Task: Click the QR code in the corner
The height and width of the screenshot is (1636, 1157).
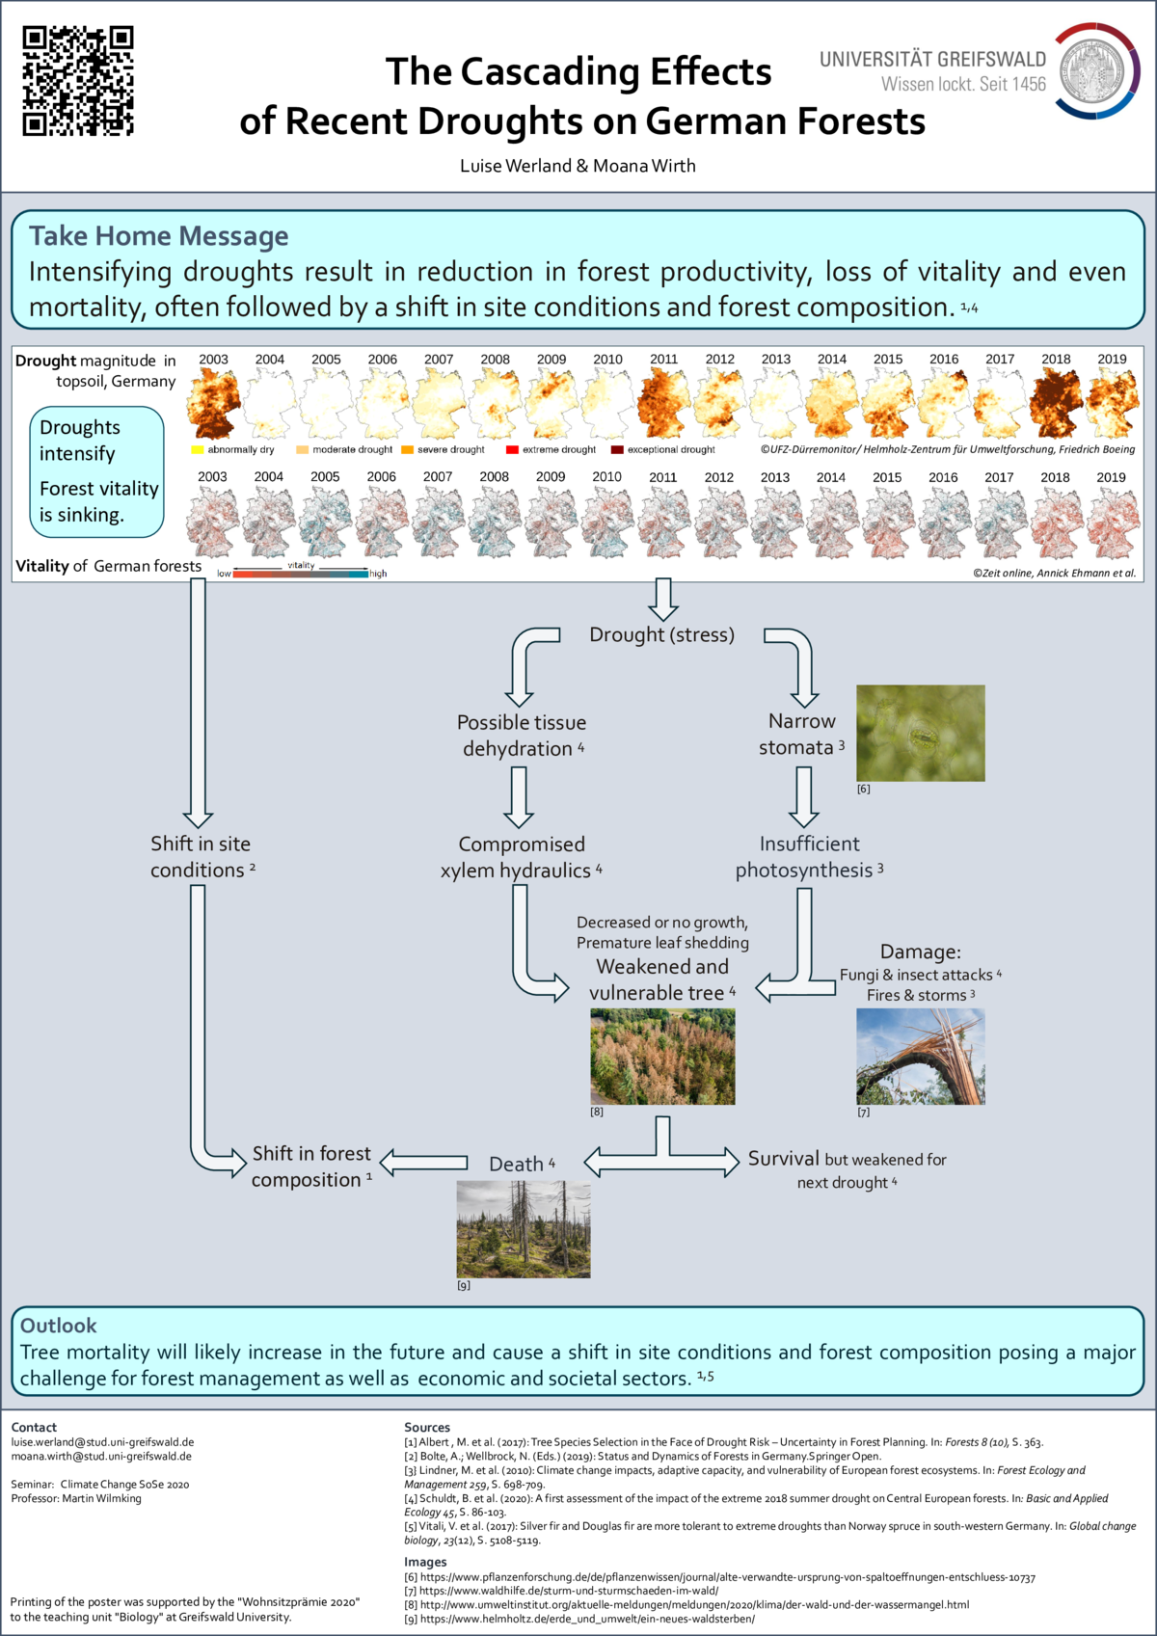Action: tap(78, 81)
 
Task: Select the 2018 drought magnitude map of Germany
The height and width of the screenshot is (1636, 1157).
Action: tap(1056, 403)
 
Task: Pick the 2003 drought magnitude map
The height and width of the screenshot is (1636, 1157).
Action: tap(213, 403)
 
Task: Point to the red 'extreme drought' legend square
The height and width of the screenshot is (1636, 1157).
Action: tap(512, 450)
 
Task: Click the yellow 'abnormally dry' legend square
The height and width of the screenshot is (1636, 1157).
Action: tap(198, 450)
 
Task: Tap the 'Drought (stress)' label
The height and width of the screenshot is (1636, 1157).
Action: tap(661, 635)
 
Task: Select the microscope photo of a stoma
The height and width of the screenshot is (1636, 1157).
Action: tap(921, 733)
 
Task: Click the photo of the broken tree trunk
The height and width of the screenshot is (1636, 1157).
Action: tap(921, 1057)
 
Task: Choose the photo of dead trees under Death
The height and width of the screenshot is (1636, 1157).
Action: tap(524, 1229)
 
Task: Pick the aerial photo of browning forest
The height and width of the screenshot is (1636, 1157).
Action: tap(662, 1057)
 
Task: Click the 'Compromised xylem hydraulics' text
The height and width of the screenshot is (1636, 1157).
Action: tap(521, 857)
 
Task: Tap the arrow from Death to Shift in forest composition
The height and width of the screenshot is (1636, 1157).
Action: tap(424, 1163)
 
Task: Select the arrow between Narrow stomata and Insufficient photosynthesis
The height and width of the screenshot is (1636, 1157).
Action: tap(803, 796)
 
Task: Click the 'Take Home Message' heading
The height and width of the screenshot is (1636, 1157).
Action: tap(159, 236)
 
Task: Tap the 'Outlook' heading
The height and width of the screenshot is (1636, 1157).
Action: tap(59, 1326)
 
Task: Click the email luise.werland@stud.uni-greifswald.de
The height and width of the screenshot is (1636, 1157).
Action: tap(102, 1442)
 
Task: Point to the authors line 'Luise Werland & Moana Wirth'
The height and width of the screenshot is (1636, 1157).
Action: tap(578, 166)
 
